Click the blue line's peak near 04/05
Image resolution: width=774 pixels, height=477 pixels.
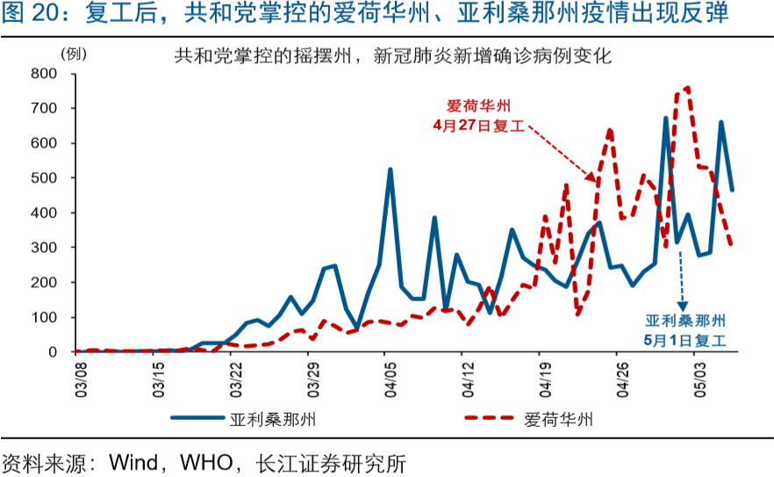[x=391, y=169]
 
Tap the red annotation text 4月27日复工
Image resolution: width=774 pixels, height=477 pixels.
[x=478, y=126]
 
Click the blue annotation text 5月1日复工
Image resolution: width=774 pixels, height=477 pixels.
[x=685, y=338]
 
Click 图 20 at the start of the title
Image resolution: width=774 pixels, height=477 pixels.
[x=26, y=15]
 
